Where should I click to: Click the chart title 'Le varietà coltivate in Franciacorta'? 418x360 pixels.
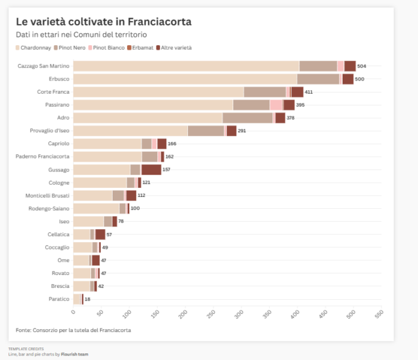pos(104,22)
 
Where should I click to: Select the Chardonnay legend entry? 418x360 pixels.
pos(36,48)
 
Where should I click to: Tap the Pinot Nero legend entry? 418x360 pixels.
pos(75,48)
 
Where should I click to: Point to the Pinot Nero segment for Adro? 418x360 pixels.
pos(248,118)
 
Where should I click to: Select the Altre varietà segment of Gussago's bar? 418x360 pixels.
pos(151,170)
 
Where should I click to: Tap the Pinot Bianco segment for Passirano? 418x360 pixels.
pos(276,105)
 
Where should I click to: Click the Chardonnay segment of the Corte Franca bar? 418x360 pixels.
pos(158,92)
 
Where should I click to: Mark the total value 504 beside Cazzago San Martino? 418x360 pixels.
pos(362,66)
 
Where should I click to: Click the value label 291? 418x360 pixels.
pos(242,131)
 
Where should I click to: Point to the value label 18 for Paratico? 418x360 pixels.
pos(88,299)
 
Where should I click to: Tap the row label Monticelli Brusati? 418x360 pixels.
pos(47,196)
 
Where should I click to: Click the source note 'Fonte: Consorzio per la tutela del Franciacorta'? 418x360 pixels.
pos(73,330)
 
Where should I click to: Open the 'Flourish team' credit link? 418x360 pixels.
pos(75,354)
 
